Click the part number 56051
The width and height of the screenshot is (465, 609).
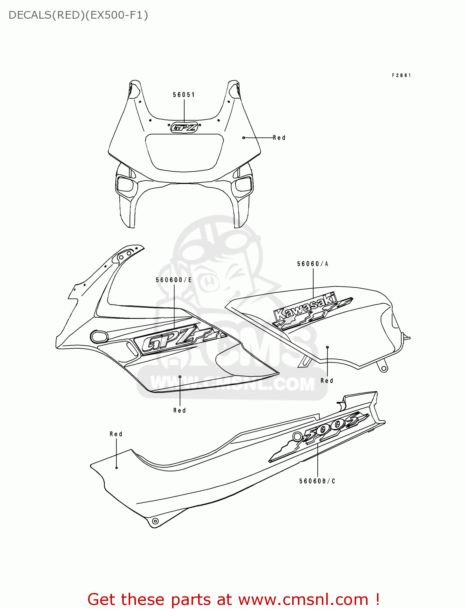tap(183, 95)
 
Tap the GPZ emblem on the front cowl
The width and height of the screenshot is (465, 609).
tap(184, 127)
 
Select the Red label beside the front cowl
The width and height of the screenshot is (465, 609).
tap(279, 138)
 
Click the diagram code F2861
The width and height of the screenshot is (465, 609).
tap(401, 76)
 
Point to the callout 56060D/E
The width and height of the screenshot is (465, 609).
tap(174, 280)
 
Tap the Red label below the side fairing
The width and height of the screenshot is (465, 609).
tap(179, 410)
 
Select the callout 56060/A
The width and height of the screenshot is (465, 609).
tap(312, 264)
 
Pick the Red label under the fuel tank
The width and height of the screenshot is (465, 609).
tap(327, 381)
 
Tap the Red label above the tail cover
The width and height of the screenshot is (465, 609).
tap(116, 434)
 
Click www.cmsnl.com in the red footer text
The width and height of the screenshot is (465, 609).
tap(303, 599)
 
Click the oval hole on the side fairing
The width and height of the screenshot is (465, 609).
tap(99, 337)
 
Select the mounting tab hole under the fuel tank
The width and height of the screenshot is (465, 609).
tap(383, 369)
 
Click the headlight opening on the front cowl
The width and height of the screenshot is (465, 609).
tap(185, 152)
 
